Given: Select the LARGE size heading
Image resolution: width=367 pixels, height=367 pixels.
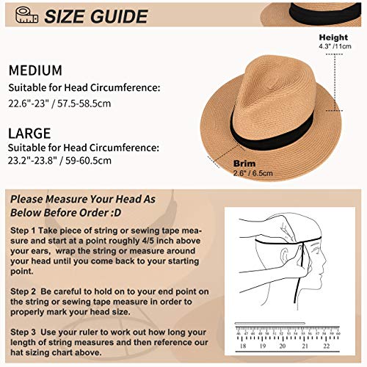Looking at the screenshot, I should pos(31,134).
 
